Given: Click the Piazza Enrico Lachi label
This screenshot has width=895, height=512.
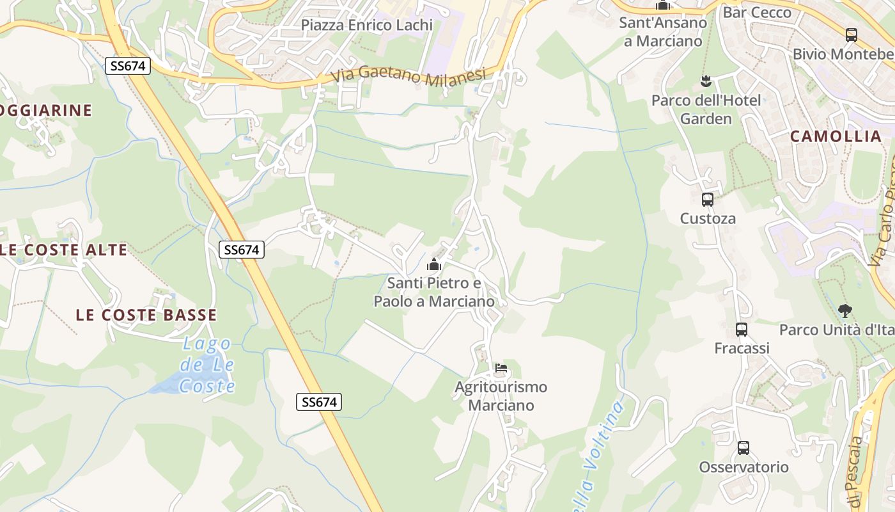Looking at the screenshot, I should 366,25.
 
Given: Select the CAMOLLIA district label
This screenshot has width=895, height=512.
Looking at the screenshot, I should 836,136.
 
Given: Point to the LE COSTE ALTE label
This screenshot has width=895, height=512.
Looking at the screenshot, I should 63,250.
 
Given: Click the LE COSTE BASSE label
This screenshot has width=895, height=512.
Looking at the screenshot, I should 146,315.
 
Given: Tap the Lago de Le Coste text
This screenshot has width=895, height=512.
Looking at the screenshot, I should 206,365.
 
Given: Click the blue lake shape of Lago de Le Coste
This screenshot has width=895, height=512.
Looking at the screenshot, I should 167,383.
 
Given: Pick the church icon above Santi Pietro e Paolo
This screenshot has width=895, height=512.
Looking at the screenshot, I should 434,264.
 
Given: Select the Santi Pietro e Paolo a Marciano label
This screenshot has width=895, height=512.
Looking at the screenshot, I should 434,292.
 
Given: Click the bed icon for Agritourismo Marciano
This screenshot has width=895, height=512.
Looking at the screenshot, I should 501,369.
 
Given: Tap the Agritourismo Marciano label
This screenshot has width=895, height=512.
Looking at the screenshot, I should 501,396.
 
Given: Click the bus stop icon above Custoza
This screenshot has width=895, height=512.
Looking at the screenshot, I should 708,200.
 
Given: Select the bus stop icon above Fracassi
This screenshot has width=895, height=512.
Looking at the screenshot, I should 742,330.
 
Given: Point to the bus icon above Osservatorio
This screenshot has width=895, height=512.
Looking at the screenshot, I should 743,448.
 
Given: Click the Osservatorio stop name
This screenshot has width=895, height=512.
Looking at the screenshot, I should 743,467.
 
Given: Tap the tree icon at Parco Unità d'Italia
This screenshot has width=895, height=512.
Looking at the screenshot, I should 844,312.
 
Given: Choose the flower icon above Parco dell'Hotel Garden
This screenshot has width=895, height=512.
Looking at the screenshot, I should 706,81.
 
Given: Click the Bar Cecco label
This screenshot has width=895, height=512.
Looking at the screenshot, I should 756,12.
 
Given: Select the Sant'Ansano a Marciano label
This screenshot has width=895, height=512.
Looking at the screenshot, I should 663,32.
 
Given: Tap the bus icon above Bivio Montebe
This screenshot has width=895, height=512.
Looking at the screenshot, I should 851,35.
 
